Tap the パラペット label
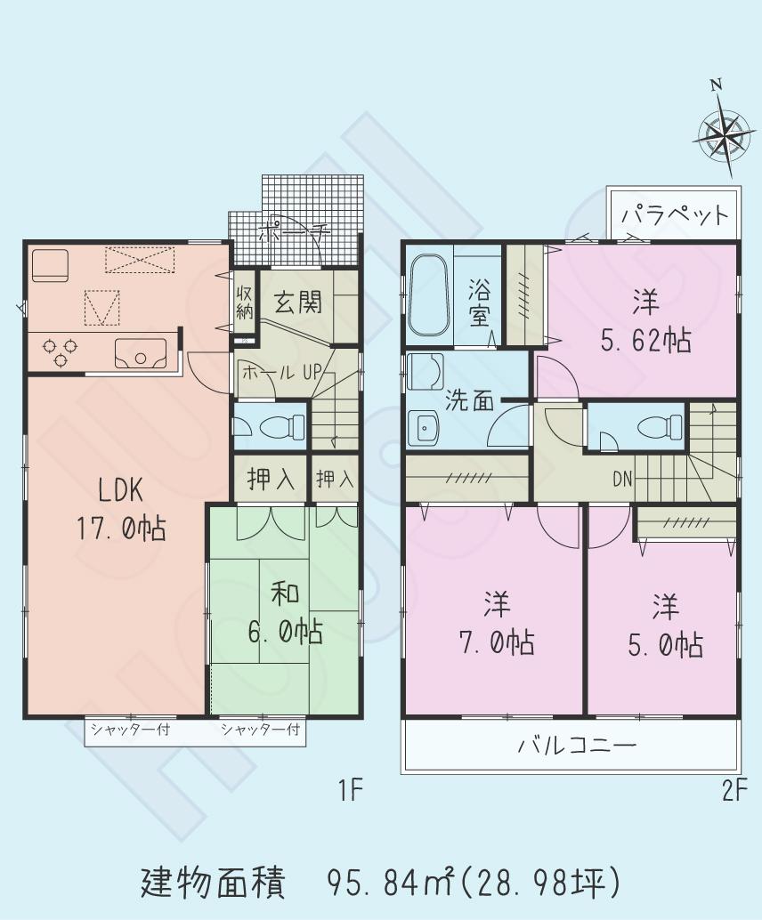(x=674, y=214)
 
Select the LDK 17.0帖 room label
(x=120, y=508)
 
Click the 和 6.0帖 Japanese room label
(x=284, y=613)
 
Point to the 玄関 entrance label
(x=297, y=303)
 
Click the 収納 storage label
(x=244, y=303)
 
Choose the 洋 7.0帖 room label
(x=496, y=624)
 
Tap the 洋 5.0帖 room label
(x=664, y=625)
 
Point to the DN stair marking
(x=621, y=479)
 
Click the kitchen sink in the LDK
(x=140, y=353)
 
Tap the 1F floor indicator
(x=351, y=790)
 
